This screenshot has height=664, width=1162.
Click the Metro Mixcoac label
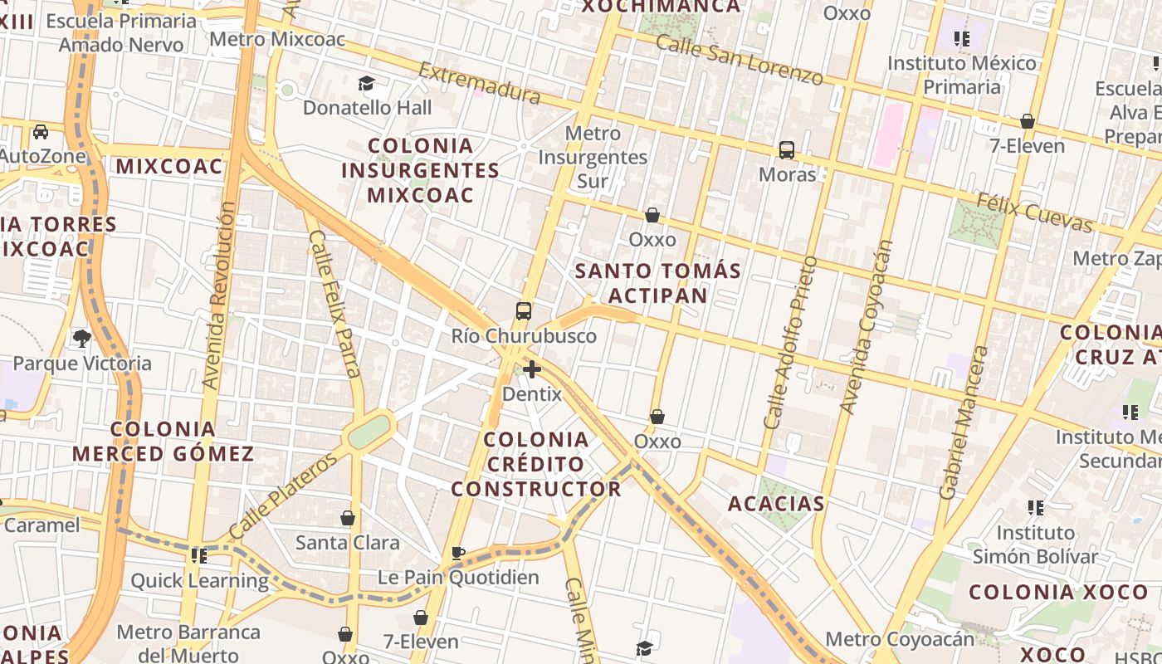pos(266,39)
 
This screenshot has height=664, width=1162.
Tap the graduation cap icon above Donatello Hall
pos(366,83)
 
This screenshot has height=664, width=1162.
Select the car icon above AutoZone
pos(40,132)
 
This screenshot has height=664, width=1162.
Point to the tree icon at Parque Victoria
pos(81,338)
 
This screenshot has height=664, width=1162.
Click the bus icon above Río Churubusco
pos(524,311)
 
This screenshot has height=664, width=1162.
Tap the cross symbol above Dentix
pos(532,369)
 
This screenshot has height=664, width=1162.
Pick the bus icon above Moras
pos(786,150)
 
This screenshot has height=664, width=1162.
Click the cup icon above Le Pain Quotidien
pos(458,553)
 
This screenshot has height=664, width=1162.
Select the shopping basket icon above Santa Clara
pos(348,519)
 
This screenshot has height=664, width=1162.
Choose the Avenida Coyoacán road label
pos(866,326)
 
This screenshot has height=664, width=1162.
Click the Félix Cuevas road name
pos(1034,212)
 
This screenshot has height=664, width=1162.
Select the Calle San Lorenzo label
pos(739,60)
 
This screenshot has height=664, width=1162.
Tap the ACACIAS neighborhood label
pos(776,504)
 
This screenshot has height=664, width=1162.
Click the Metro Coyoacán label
pos(900,639)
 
